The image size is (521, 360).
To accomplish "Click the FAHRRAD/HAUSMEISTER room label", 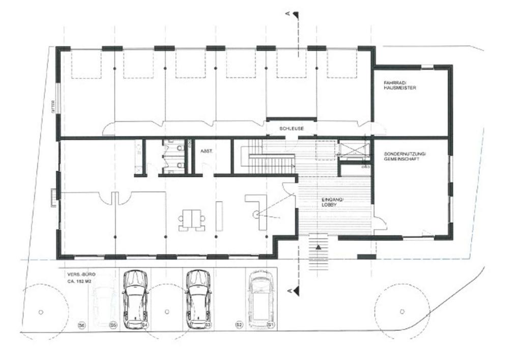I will [400, 86].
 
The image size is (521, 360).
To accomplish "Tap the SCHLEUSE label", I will [292, 128].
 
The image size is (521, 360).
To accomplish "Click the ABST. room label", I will [206, 151].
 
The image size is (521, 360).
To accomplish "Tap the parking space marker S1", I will [271, 324].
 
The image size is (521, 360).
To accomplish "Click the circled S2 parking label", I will [239, 324].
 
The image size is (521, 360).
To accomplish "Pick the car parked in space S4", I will [135, 299].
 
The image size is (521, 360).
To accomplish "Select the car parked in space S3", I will [198, 299].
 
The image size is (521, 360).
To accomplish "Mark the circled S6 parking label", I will [81, 324].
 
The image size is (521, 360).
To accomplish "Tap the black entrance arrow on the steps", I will [319, 247].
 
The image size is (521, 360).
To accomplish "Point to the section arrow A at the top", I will [295, 15].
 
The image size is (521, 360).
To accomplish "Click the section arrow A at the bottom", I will [295, 291].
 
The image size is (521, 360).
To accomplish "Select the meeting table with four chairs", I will [192, 219].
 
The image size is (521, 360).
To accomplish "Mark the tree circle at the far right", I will [402, 311].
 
